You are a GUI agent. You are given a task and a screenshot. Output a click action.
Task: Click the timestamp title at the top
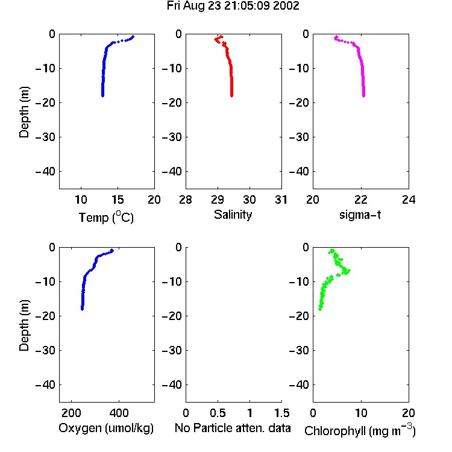point(233,6)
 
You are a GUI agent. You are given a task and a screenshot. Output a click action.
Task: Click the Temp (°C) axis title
point(106,217)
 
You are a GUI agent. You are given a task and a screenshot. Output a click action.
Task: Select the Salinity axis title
point(233,215)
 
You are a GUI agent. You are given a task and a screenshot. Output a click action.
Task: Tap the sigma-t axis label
point(360,215)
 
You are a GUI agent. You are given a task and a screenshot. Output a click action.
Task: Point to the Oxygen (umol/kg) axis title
point(106,428)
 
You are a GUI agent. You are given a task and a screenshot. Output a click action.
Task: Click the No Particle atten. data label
point(233,428)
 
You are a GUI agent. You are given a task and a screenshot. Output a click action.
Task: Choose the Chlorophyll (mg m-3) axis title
point(360,430)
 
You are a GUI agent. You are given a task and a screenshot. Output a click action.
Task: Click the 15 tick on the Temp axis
point(118,199)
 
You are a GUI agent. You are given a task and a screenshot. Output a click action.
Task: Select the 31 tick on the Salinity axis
point(281,199)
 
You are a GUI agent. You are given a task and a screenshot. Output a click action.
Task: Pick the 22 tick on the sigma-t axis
point(360,199)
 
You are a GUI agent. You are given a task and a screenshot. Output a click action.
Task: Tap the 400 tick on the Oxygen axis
point(119,413)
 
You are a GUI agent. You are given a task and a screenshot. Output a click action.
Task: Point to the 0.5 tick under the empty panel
point(218,413)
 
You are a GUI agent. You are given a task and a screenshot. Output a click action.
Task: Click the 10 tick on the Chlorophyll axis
point(360,413)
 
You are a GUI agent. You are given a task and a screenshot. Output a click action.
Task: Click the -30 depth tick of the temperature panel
point(45,137)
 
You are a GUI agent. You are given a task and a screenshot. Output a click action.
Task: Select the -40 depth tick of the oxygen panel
point(45,385)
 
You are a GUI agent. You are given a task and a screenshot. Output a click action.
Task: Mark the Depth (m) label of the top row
point(24,112)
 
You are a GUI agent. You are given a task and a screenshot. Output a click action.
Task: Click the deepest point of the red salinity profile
point(231,96)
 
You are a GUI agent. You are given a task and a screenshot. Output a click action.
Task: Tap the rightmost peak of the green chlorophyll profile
point(348,271)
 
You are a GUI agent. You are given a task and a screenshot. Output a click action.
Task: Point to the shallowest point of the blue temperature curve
point(133,37)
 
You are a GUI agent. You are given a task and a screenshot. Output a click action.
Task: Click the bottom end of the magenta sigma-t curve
point(363,96)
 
